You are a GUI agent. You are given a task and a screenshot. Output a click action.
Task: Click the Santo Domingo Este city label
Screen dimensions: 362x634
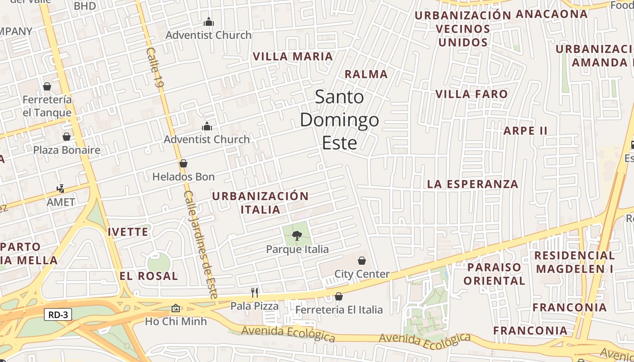339,120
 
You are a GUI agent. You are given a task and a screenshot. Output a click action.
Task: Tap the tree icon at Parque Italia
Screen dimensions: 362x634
297,235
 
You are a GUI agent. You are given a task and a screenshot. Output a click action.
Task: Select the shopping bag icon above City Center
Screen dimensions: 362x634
362,261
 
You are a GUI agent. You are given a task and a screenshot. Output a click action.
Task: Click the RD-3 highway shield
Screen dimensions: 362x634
58,314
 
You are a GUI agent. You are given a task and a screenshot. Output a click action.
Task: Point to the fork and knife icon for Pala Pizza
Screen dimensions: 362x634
255,293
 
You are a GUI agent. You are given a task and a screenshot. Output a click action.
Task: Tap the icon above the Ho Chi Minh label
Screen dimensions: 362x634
176,308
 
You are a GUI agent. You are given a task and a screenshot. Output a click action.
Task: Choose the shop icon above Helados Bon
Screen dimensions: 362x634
183,163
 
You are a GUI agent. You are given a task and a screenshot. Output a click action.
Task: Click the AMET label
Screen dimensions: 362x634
61,202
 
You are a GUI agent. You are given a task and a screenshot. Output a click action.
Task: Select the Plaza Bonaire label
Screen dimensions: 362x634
67,150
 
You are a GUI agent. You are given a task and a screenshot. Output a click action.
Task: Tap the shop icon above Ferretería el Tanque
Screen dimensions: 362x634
47,86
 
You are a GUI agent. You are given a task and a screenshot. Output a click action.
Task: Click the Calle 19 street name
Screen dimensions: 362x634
154,68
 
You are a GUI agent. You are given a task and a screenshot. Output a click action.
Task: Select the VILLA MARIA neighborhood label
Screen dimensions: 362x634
293,57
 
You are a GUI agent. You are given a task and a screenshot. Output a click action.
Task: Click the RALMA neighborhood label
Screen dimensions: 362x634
366,74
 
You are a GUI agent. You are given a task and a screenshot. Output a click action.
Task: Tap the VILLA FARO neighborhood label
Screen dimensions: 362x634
471,94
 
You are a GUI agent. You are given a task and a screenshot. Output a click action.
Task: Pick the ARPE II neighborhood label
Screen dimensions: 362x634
525,131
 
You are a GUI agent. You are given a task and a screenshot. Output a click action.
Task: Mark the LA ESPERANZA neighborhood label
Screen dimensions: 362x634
473,184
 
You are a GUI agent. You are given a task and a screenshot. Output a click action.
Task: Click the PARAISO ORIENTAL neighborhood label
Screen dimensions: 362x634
494,274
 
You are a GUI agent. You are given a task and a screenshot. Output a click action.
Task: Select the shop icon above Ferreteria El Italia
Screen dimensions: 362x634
339,297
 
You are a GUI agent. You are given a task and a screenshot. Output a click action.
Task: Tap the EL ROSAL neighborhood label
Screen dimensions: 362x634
149,276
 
